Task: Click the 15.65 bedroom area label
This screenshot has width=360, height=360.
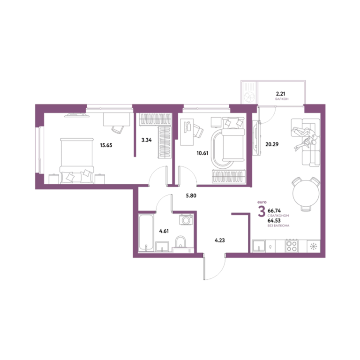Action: (106, 145)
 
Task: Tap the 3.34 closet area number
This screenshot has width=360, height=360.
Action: (146, 140)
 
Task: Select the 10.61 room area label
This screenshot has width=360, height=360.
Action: (202, 153)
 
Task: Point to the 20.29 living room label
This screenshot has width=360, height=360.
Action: (272, 144)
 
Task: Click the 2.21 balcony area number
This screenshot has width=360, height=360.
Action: (281, 94)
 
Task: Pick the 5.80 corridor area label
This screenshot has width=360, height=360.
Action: (191, 195)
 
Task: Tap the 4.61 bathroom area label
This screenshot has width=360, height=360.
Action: (164, 231)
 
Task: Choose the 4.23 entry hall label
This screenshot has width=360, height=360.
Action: (220, 240)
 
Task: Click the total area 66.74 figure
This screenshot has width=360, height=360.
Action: (274, 210)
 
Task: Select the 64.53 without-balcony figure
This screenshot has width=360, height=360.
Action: (274, 220)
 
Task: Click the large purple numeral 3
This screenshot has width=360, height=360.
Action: (262, 211)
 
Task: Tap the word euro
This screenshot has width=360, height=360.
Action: (262, 202)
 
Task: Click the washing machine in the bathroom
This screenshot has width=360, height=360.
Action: (186, 220)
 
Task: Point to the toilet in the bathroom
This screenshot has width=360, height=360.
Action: (180, 243)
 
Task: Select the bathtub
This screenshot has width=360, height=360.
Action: (146, 232)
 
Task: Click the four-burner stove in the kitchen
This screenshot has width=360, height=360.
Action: (292, 246)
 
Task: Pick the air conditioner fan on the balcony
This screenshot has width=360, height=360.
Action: (249, 97)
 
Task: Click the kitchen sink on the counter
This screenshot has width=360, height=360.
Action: (259, 246)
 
